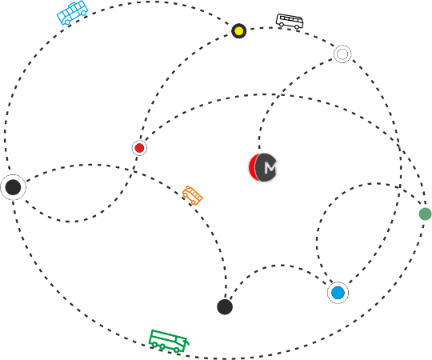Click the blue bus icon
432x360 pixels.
[72, 13]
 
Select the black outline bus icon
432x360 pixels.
[290, 22]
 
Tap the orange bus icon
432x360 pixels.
[192, 195]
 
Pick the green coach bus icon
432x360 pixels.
[169, 342]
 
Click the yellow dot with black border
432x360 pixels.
[239, 31]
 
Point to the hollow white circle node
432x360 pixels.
[342, 54]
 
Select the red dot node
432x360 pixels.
[139, 148]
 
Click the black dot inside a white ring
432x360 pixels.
[13, 187]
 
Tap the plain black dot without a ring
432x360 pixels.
[225, 307]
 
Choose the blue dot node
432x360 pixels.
[338, 293]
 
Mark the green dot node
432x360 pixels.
[425, 214]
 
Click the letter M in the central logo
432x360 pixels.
[270, 167]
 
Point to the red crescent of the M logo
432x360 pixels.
[252, 167]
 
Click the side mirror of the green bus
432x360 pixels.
[187, 342]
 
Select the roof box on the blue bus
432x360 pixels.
[73, 5]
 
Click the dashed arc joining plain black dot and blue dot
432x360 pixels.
[281, 266]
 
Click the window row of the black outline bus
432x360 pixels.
[290, 19]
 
